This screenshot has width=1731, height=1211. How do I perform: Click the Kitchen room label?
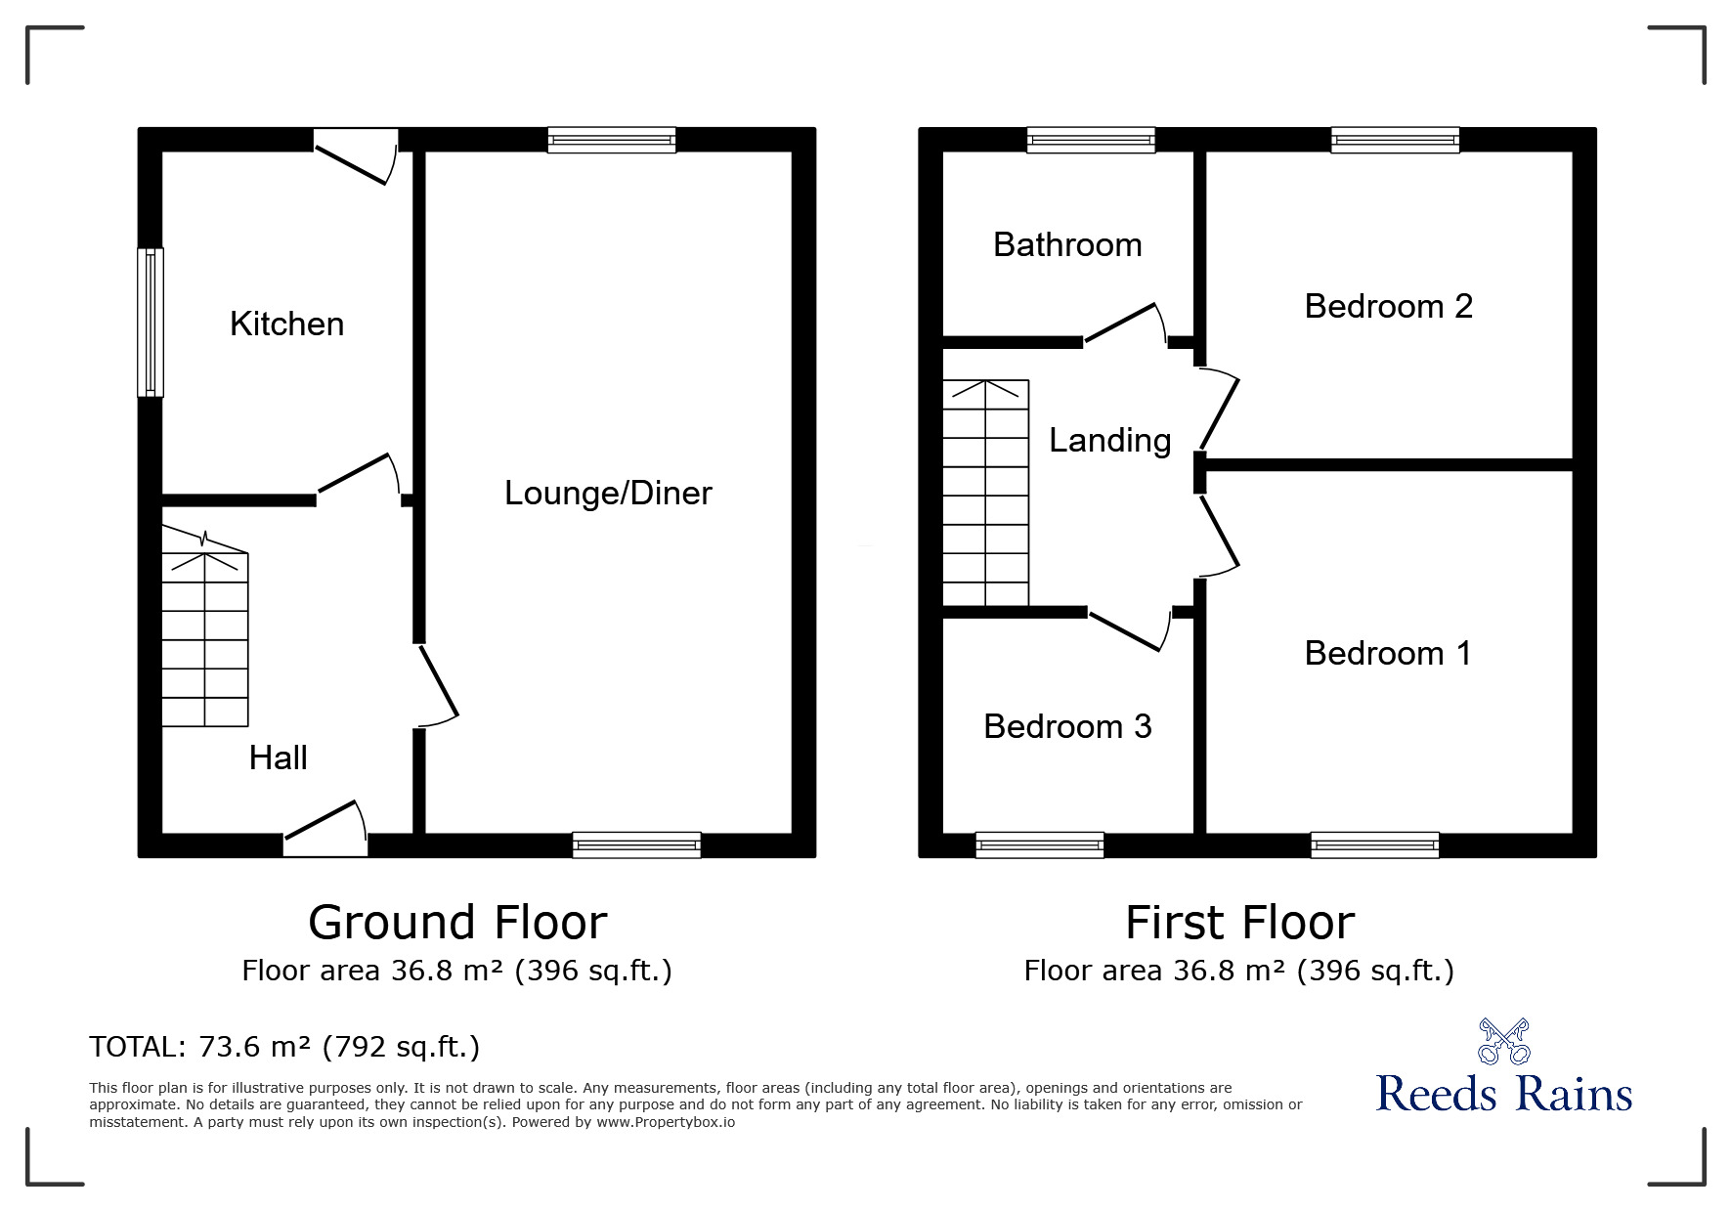coord(286,324)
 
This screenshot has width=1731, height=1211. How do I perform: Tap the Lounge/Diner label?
coord(608,493)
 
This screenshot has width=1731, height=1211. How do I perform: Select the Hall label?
coord(278,757)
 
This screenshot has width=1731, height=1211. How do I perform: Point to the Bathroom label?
coord(1067,244)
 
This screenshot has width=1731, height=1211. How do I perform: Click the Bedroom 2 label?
coord(1388,306)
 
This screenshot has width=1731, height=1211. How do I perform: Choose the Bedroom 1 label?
coord(1388,653)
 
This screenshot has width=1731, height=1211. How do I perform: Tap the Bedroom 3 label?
coord(1067,726)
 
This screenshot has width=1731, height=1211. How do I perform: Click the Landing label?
coord(1109,441)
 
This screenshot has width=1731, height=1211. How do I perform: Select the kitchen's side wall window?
coord(150,323)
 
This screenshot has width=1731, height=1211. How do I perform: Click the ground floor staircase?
coord(204,640)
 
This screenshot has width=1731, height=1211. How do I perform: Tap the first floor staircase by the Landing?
coord(985,494)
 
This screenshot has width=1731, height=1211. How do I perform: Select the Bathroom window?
coord(1091,141)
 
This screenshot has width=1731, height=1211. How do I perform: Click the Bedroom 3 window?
coord(1040,844)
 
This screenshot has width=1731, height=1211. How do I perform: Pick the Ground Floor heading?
coord(457,923)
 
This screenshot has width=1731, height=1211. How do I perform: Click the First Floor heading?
coord(1239,923)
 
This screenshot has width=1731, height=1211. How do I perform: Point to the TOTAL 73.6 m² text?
coord(284,1047)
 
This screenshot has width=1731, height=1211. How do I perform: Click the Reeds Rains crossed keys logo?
coord(1503,1042)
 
